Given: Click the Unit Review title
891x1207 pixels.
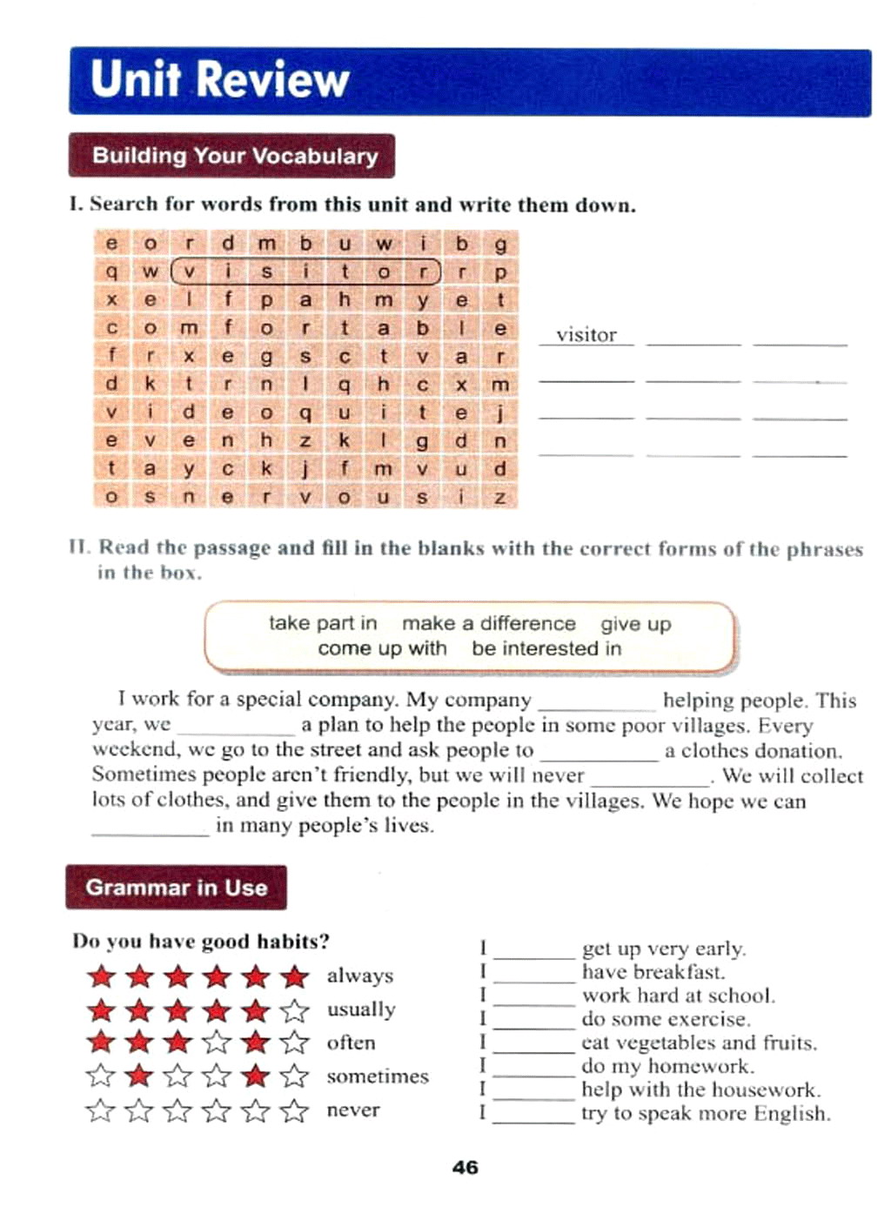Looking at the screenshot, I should point(219,79).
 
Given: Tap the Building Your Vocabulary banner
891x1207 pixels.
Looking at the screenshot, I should point(234,156).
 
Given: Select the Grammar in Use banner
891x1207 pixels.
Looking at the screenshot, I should point(176,888).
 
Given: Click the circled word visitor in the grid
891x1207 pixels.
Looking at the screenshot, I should point(305,272).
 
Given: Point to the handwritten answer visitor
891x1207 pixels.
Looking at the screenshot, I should point(586,335).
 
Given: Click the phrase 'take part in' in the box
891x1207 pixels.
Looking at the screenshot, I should point(323,623).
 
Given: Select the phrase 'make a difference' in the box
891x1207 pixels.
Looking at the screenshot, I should point(488,623).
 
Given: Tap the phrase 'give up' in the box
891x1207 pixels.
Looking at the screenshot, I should point(635,624).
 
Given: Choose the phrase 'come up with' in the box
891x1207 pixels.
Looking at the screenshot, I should point(382,648).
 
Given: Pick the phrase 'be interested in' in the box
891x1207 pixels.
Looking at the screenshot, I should point(546,648).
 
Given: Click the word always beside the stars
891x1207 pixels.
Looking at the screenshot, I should point(360,976).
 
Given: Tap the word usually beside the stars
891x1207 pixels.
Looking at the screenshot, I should point(361,1009).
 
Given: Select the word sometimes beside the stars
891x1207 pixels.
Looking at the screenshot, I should point(378,1076).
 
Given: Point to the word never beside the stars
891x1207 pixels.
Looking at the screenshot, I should point(353,1110).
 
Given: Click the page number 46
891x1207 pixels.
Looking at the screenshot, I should point(466,1168).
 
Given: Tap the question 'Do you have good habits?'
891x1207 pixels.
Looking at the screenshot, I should point(201,942).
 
